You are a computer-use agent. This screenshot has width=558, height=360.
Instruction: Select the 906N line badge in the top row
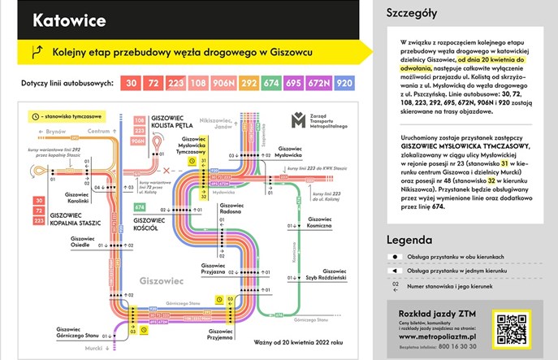(224, 83)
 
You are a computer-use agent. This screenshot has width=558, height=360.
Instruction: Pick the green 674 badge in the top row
(271, 83)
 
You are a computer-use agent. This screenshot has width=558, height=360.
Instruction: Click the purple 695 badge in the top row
(295, 83)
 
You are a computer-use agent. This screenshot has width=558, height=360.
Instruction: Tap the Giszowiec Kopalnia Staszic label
(76, 219)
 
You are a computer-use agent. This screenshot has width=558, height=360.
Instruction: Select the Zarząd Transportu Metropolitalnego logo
(325, 122)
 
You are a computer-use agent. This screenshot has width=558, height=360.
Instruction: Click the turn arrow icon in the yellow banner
(36, 52)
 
